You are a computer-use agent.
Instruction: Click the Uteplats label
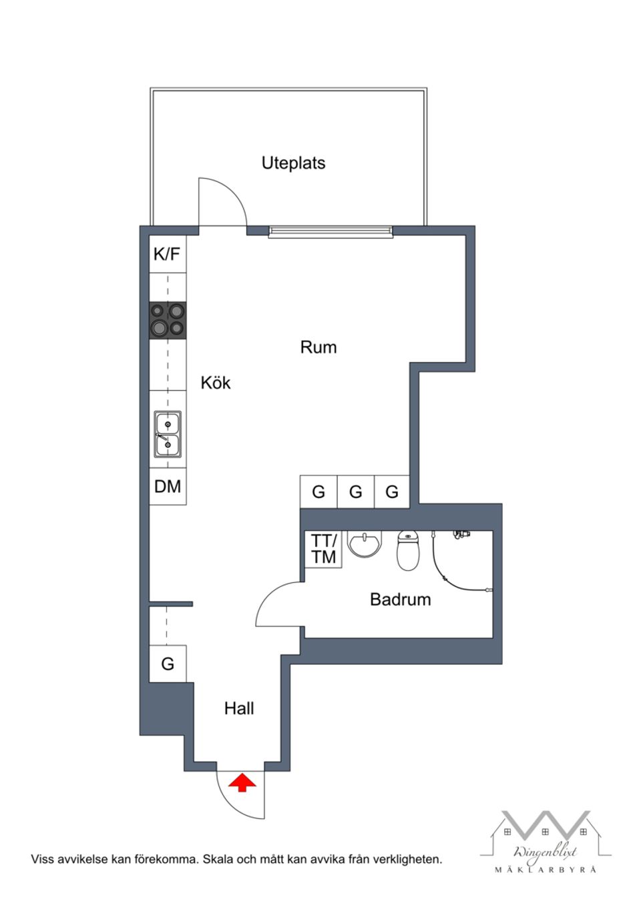[293, 163]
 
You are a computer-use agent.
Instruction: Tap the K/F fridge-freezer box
[167, 254]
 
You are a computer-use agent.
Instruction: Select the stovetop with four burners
[168, 319]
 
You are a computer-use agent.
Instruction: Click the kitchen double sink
[168, 433]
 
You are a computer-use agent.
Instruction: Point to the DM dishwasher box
[168, 486]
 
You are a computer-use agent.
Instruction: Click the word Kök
[216, 382]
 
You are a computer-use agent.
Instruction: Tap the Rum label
[318, 347]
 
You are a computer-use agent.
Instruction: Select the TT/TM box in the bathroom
[324, 549]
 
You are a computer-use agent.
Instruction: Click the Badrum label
[400, 599]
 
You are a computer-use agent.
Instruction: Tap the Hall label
[239, 708]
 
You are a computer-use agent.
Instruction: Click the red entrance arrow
[242, 782]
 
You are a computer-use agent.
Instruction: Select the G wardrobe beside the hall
[168, 664]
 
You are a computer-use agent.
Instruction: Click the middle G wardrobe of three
[355, 492]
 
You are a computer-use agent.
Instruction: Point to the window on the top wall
[331, 231]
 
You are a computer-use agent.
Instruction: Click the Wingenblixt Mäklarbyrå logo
[545, 842]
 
